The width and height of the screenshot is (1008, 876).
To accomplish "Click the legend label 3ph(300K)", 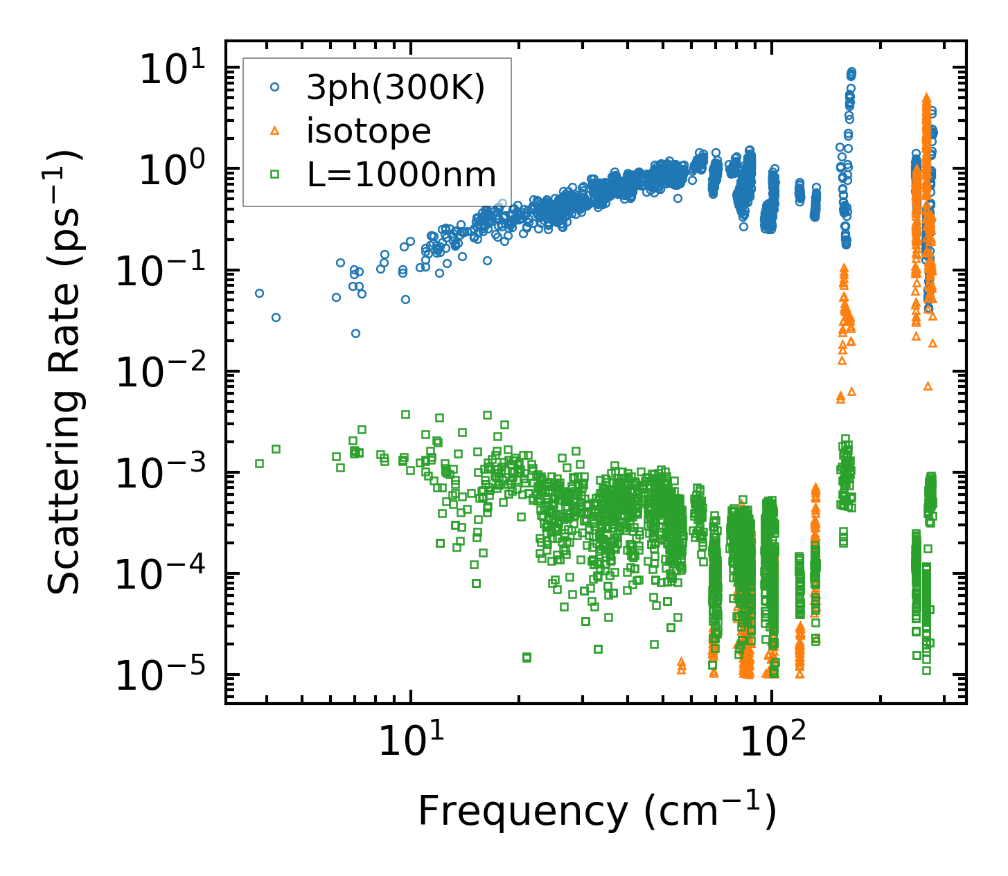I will (x=396, y=88).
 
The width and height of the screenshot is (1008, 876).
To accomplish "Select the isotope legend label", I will (x=369, y=131).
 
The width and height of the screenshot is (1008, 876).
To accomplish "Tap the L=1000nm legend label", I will (x=402, y=175).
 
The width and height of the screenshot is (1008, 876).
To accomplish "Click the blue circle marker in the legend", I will (x=275, y=87).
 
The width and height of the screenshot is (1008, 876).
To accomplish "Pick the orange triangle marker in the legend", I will (x=275, y=130).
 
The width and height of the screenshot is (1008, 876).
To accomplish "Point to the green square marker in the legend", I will (x=275, y=174).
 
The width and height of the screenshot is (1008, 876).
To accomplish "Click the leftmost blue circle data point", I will (x=259, y=293).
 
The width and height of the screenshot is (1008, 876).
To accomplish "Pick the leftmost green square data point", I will (x=259, y=463).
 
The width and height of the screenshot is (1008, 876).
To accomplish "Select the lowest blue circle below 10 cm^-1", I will (x=355, y=333).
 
